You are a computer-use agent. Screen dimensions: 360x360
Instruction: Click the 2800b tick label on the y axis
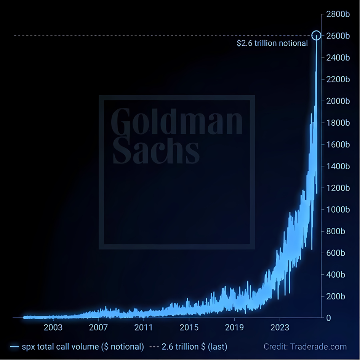point(338,14)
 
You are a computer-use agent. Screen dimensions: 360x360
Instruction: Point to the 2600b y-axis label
point(338,36)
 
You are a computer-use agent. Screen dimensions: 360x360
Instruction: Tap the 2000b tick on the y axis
point(338,101)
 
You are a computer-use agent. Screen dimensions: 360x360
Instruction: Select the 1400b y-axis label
point(338,166)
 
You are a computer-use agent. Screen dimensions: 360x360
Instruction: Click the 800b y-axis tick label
point(336,231)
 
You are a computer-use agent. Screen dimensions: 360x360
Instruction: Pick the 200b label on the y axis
point(336,296)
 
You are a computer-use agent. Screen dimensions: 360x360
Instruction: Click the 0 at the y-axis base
point(328,318)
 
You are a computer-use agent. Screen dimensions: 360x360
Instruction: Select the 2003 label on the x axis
point(53,327)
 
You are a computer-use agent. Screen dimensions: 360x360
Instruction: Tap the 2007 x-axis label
point(98,327)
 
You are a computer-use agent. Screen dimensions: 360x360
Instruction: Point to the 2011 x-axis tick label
point(144,327)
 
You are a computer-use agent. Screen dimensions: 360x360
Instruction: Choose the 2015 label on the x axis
point(189,327)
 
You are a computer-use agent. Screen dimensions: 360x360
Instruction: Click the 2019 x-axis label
point(234,327)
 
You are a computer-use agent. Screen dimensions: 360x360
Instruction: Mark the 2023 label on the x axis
point(280,327)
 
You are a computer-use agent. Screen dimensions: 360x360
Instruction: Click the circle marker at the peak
point(316,31)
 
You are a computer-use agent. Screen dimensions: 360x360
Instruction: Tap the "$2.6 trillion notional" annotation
point(272,43)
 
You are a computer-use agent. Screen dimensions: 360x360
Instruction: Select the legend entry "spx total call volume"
point(77,347)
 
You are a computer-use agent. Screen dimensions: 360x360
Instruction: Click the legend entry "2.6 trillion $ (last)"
point(188,347)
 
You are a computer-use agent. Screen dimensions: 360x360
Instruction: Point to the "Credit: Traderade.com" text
point(305,347)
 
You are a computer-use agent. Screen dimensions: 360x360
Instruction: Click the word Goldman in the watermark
point(176,121)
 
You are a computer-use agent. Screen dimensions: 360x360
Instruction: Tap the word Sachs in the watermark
point(156,150)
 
